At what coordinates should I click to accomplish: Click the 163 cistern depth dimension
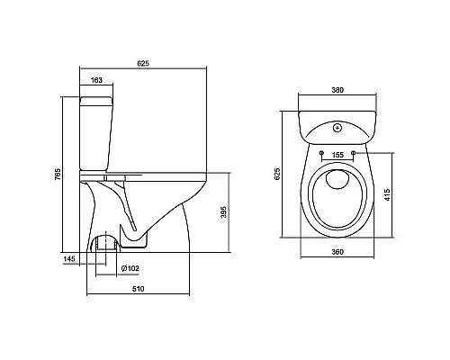coord(96,80)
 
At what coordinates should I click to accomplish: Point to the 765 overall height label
coord(58,175)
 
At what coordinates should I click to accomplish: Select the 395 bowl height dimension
coord(223,211)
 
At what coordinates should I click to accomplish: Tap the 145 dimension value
coord(69,258)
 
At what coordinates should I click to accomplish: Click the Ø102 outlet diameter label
coord(130,268)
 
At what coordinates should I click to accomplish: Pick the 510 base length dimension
coord(139,289)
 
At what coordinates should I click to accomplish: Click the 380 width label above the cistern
coord(337,90)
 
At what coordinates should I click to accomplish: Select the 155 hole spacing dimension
coord(337,155)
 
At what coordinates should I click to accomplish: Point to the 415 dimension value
coord(387,194)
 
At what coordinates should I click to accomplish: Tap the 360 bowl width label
coord(337,252)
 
